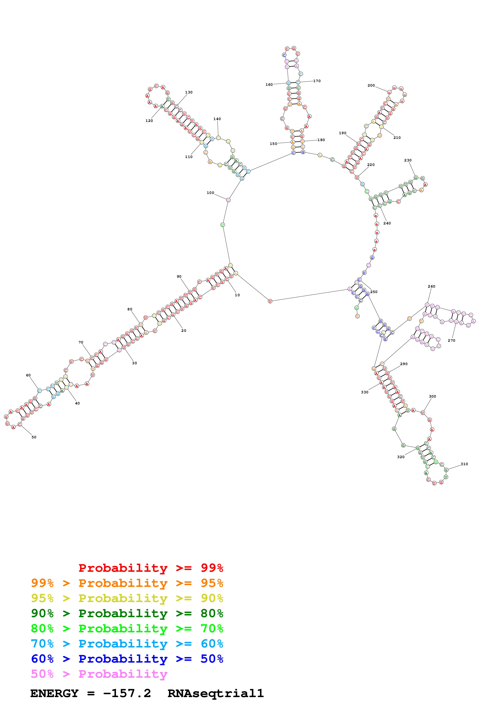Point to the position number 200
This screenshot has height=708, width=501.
(371, 85)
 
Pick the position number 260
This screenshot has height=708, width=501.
(431, 286)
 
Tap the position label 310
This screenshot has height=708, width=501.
(464, 464)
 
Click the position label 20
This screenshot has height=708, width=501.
(184, 331)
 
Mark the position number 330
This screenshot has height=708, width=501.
(365, 392)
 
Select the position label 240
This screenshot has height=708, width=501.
(387, 223)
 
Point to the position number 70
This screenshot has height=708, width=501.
(81, 342)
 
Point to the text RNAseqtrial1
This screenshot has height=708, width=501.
(215, 693)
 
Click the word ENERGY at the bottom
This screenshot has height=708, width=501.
(54, 693)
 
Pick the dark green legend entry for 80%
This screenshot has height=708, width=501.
(127, 613)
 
